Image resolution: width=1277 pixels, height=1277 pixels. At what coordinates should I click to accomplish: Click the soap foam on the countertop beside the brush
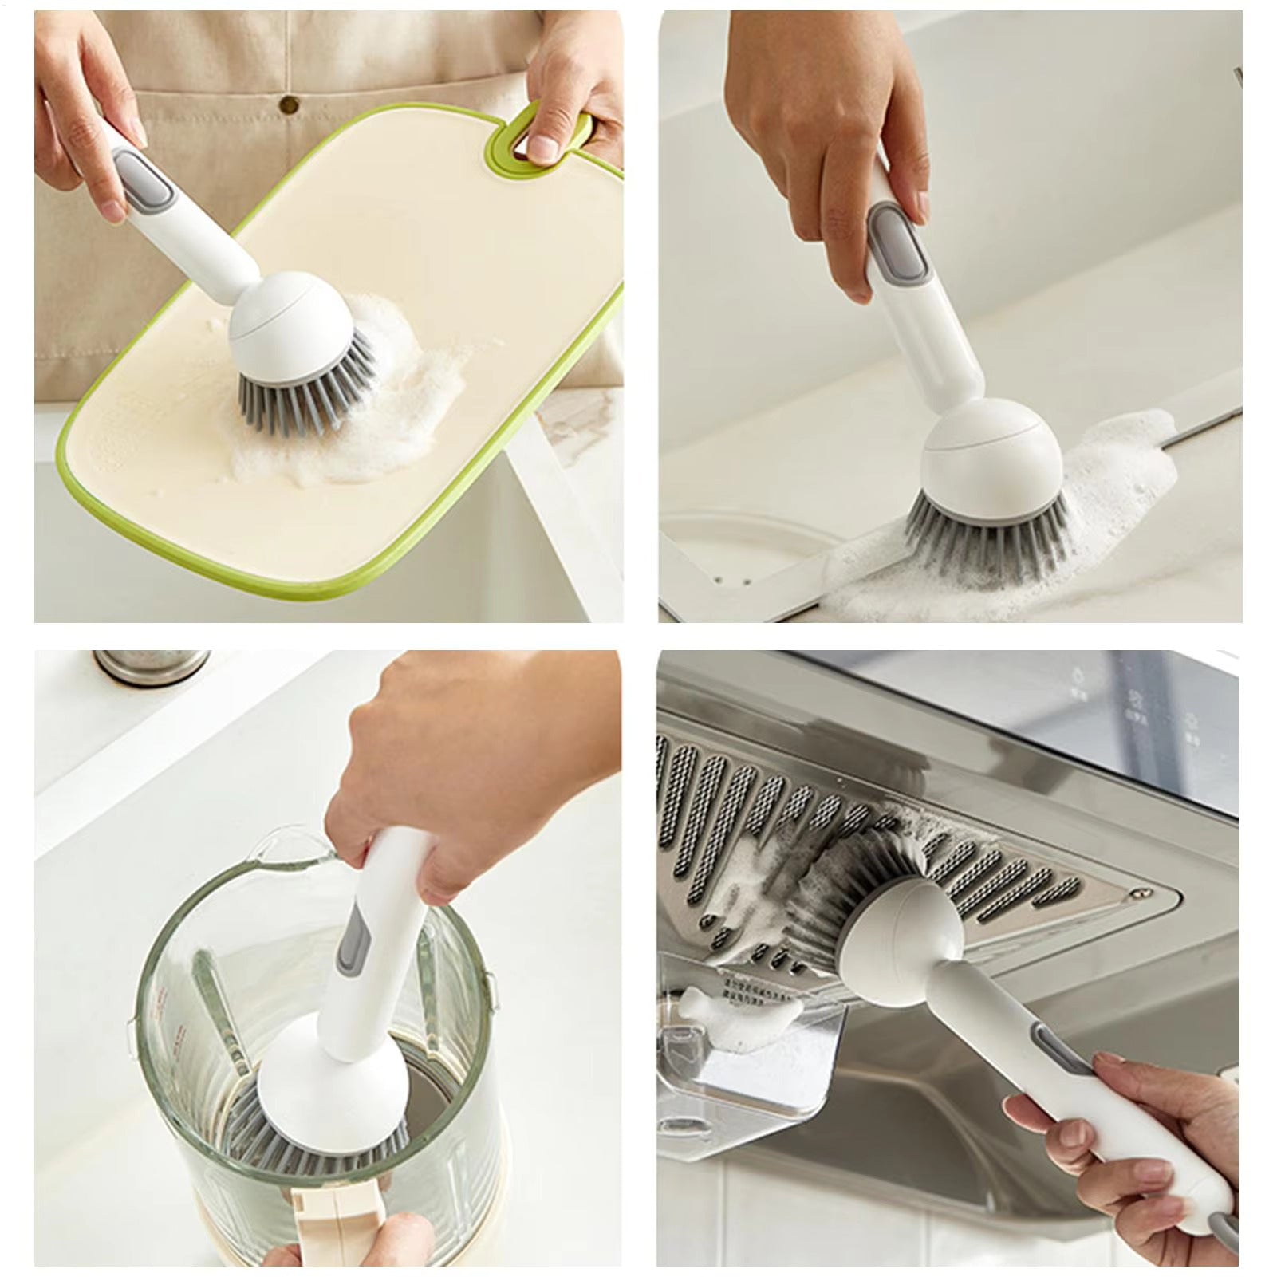pyautogui.click(x=1117, y=479)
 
